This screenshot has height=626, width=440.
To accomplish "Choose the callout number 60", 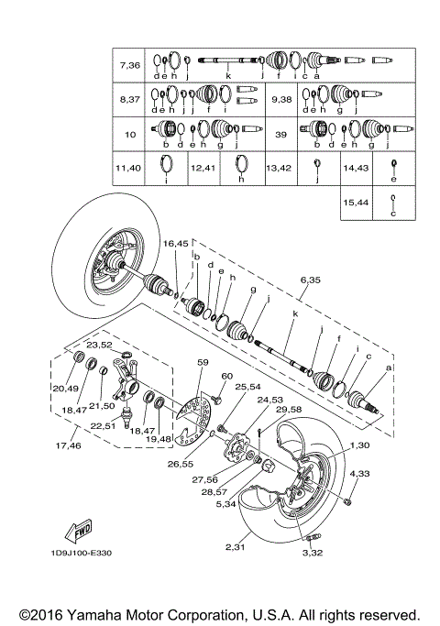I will (226, 377).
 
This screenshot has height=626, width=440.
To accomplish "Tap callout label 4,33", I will (360, 473).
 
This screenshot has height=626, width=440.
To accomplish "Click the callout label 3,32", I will (314, 555).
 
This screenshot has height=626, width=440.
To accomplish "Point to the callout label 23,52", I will (99, 345).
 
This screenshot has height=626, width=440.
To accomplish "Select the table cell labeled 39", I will (282, 133).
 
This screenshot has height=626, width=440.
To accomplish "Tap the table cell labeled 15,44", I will (356, 201).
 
